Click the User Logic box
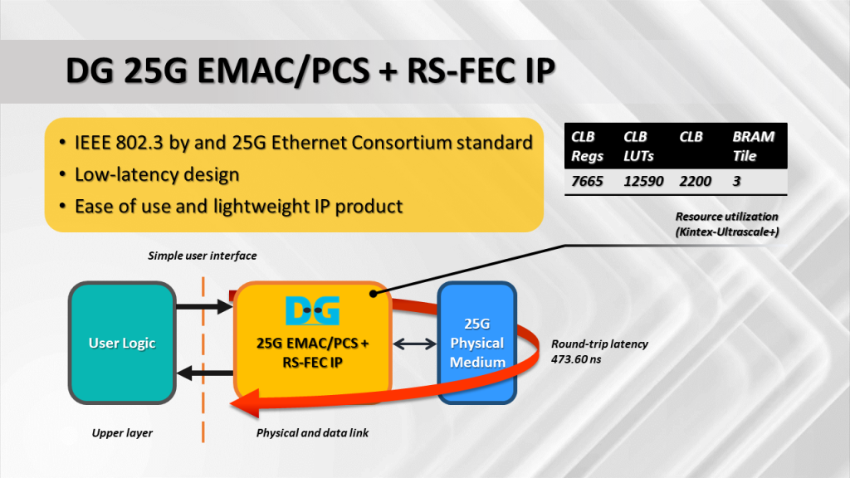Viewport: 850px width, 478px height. click(122, 343)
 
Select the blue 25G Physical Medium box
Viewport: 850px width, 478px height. click(476, 343)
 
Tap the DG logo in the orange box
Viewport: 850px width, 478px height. click(312, 310)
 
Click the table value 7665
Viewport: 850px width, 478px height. click(587, 181)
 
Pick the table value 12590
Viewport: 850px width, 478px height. click(643, 181)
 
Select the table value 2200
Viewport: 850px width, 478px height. click(696, 181)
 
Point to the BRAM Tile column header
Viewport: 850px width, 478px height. click(754, 146)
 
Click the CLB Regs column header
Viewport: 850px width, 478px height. click(587, 146)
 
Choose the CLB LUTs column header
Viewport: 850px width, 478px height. click(638, 146)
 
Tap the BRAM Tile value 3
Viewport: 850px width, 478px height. click(737, 181)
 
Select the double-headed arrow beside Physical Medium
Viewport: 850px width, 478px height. click(415, 343)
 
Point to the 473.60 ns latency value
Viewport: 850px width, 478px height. click(576, 358)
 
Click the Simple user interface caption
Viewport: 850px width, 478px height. click(203, 256)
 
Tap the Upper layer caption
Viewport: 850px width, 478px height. click(122, 432)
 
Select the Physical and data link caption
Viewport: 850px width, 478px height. click(312, 432)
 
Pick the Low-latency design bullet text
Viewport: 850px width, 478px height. click(157, 174)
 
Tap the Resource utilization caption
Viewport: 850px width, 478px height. click(726, 217)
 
